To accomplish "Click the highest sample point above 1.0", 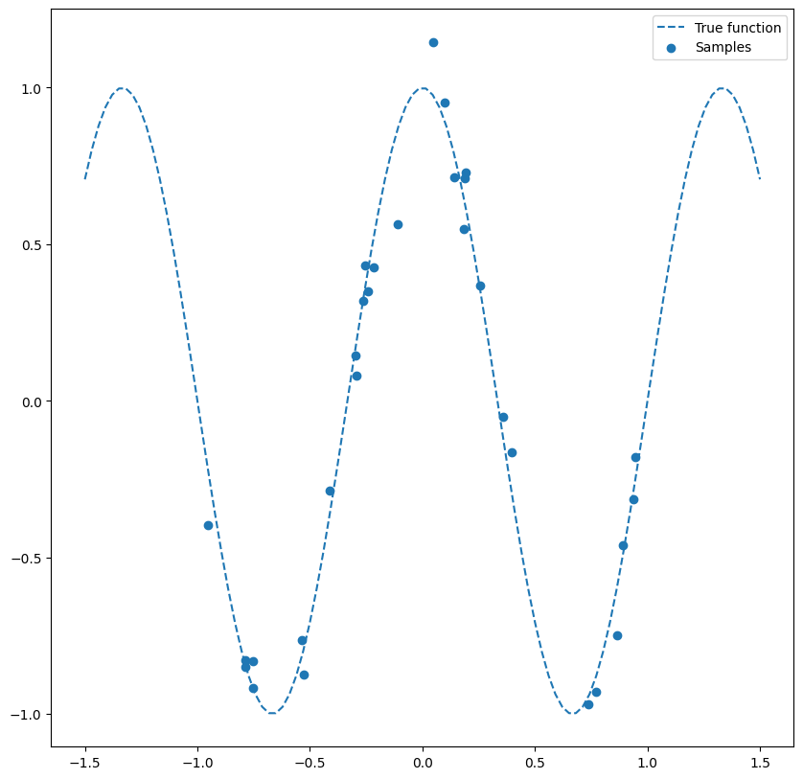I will [x=433, y=42].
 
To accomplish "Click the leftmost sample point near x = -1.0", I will [x=208, y=525].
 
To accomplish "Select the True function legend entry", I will [x=738, y=28].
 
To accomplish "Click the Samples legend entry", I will [x=723, y=47].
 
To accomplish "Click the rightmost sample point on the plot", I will [x=635, y=457].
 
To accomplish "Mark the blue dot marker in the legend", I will [x=671, y=47].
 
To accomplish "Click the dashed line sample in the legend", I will [x=671, y=28].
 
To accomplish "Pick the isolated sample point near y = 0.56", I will [x=398, y=224].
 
